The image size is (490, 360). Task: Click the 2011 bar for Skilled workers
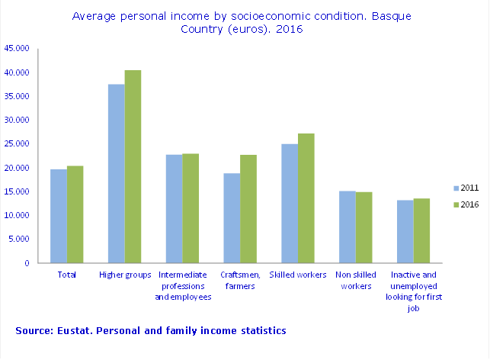coord(290,203)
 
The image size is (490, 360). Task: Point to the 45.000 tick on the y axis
coord(17,48)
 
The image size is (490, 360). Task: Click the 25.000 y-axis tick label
coord(17,143)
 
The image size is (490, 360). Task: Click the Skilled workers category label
coord(298,274)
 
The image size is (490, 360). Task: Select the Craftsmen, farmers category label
coord(240,280)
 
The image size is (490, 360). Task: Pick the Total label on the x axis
coord(67,274)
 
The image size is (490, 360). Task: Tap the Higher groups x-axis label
coord(124,274)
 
